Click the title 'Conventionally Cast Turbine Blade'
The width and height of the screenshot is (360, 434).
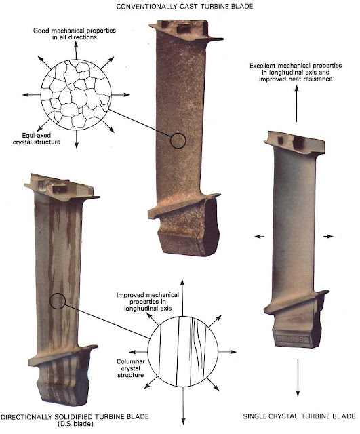tap(184, 6)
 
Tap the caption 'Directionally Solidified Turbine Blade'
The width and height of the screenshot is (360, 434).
tap(75, 416)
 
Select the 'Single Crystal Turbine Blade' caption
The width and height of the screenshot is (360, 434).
tap(299, 416)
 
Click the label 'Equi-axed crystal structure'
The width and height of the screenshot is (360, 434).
tap(37, 138)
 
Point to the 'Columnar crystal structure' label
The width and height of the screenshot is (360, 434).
tap(131, 368)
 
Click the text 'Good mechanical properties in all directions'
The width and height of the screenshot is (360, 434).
tap(75, 34)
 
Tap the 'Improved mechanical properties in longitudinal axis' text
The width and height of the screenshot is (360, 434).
tap(148, 301)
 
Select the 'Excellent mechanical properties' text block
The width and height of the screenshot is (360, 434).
tap(296, 73)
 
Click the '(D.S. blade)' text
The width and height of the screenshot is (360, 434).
tap(75, 423)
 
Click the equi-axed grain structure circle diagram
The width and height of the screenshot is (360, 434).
tap(76, 94)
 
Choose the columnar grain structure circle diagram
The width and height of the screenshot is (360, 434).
tap(183, 352)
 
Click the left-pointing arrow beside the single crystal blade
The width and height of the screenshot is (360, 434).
tap(259, 237)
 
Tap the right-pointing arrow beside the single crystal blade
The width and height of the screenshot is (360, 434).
tap(328, 237)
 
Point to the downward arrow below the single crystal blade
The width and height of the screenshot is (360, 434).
tap(298, 378)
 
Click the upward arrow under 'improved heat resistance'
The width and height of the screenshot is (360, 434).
tap(297, 104)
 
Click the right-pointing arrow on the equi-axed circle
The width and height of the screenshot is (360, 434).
tap(121, 95)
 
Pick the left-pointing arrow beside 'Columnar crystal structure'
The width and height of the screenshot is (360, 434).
tap(138, 352)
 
